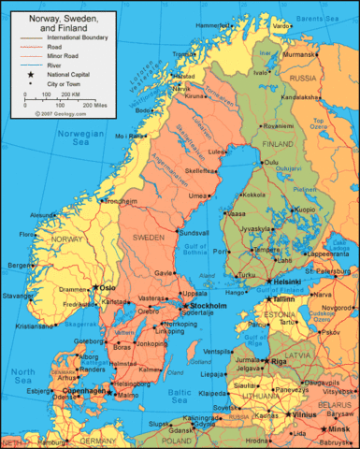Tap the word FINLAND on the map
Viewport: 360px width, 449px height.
pos(277,144)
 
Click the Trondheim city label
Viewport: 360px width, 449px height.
pos(121,175)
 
